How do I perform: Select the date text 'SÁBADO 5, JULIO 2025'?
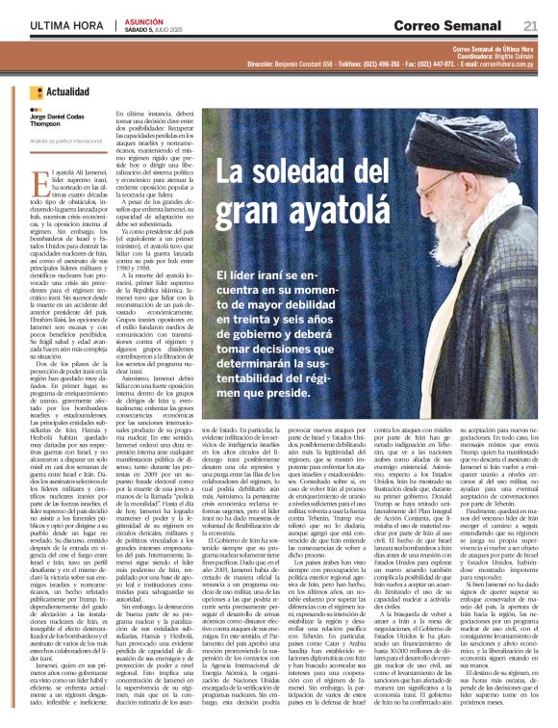tap(158, 30)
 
